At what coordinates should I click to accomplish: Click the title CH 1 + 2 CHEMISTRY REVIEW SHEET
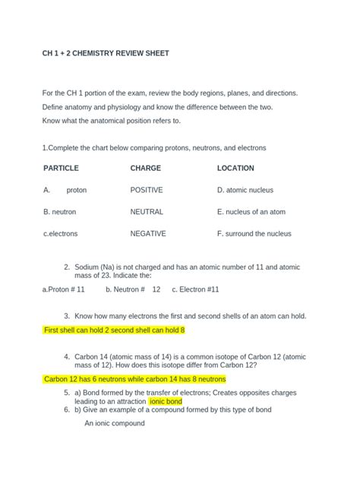106,53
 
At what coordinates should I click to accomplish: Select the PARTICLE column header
62,168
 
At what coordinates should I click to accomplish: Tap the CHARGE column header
146,168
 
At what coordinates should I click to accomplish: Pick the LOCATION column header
235,168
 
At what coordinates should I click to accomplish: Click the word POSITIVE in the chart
147,190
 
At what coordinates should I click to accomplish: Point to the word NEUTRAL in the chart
147,212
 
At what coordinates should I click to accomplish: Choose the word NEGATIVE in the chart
148,234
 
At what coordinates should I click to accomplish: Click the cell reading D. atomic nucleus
245,190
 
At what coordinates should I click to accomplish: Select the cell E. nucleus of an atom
251,212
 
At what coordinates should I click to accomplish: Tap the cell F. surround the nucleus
254,234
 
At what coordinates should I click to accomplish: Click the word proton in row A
77,190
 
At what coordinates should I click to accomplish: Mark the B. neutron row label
60,212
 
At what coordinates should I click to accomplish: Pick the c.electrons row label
61,234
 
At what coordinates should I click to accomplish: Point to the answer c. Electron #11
195,289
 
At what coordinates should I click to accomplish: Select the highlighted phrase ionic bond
166,401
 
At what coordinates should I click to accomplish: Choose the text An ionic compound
115,423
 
